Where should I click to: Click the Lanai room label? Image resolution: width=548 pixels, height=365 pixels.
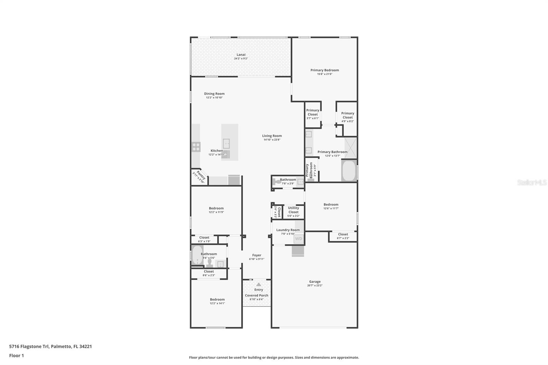[x=241, y=54]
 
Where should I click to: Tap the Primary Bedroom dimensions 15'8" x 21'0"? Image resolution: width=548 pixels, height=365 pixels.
[x=324, y=74]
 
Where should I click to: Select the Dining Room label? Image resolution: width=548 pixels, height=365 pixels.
[x=214, y=93]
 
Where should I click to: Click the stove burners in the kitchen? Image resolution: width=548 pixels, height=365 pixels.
[x=196, y=147]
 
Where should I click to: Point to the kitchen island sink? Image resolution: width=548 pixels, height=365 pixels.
[x=226, y=143]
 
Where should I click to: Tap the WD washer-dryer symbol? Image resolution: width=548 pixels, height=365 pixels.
[x=298, y=239]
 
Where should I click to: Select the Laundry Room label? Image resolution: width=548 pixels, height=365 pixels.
[x=288, y=230]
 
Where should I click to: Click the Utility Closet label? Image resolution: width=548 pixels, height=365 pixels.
[x=293, y=210]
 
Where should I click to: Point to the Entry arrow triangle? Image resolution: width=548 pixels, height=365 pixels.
[x=259, y=285]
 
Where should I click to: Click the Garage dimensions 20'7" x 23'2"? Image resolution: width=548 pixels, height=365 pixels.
[x=315, y=285]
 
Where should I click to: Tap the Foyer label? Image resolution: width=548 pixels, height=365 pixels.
[x=257, y=255]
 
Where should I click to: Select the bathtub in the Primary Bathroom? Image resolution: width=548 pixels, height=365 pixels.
[x=349, y=171]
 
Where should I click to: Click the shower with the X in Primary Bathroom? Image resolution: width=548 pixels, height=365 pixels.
[x=350, y=148]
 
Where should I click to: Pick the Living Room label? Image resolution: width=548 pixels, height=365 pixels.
[x=272, y=136]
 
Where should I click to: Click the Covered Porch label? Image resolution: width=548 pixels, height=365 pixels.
[x=257, y=295]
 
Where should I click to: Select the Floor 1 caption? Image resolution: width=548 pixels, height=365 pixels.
[x=16, y=355]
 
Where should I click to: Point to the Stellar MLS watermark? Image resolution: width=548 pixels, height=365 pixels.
[x=532, y=183]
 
